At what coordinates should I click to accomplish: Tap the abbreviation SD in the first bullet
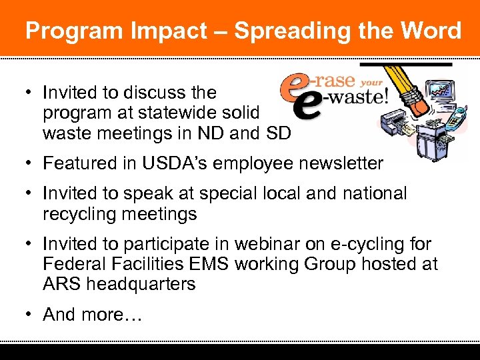click(x=277, y=133)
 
